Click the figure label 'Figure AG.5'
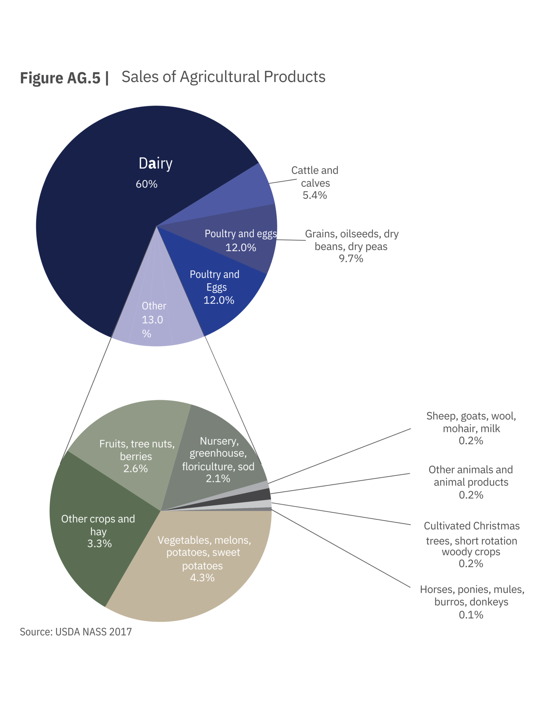click(x=60, y=78)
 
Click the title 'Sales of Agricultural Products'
click(x=223, y=77)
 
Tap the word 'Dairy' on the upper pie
click(x=155, y=163)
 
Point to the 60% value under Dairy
click(x=147, y=184)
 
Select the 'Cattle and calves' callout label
click(x=315, y=176)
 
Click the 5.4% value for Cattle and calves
click(x=315, y=195)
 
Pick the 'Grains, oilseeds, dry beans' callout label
click(x=351, y=240)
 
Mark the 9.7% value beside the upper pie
click(x=351, y=259)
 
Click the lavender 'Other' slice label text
click(x=154, y=306)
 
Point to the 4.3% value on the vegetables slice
click(x=202, y=578)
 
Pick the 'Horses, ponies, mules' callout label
click(x=472, y=595)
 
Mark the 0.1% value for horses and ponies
click(x=471, y=615)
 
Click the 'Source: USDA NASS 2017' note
click(x=76, y=632)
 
